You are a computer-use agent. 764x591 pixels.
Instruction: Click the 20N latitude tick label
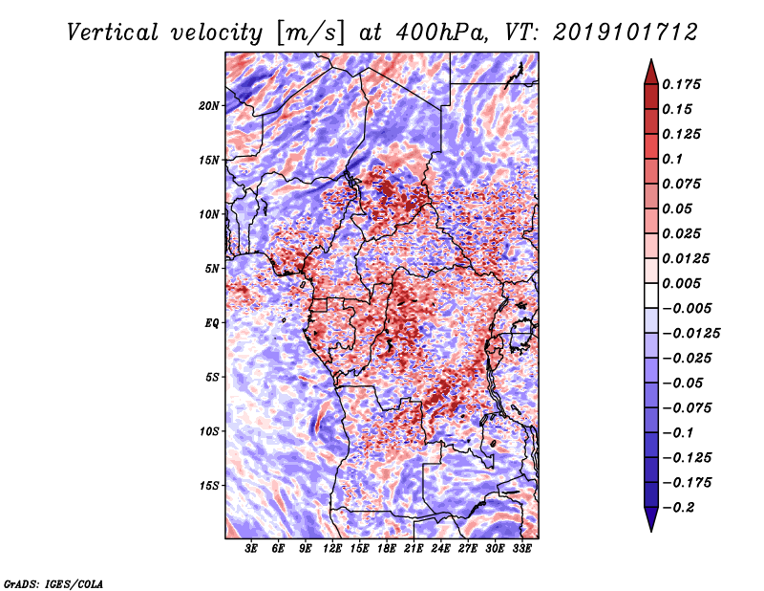209,105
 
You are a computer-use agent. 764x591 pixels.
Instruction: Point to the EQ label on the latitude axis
212,323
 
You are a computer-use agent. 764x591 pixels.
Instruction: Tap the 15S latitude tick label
209,486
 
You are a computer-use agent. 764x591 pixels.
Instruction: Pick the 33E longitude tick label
522,549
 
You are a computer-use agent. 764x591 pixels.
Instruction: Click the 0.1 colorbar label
674,159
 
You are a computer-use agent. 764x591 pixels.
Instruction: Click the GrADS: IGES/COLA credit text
53,582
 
